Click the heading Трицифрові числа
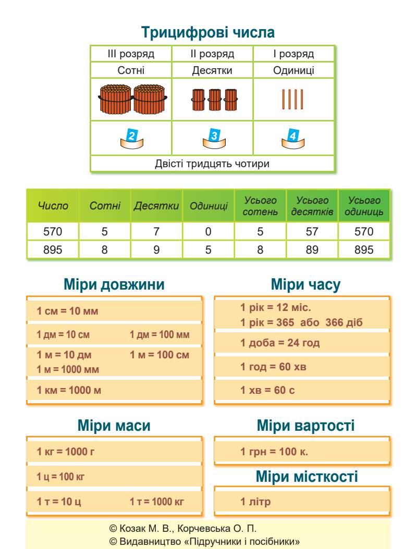208,33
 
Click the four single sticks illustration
293,99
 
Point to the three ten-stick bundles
213,99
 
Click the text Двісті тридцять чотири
212,164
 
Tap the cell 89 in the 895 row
312,249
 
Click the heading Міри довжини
114,284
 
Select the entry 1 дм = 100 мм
160,334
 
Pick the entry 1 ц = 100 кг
60,477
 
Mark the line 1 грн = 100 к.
274,451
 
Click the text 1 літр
255,502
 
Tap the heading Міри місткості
306,476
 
